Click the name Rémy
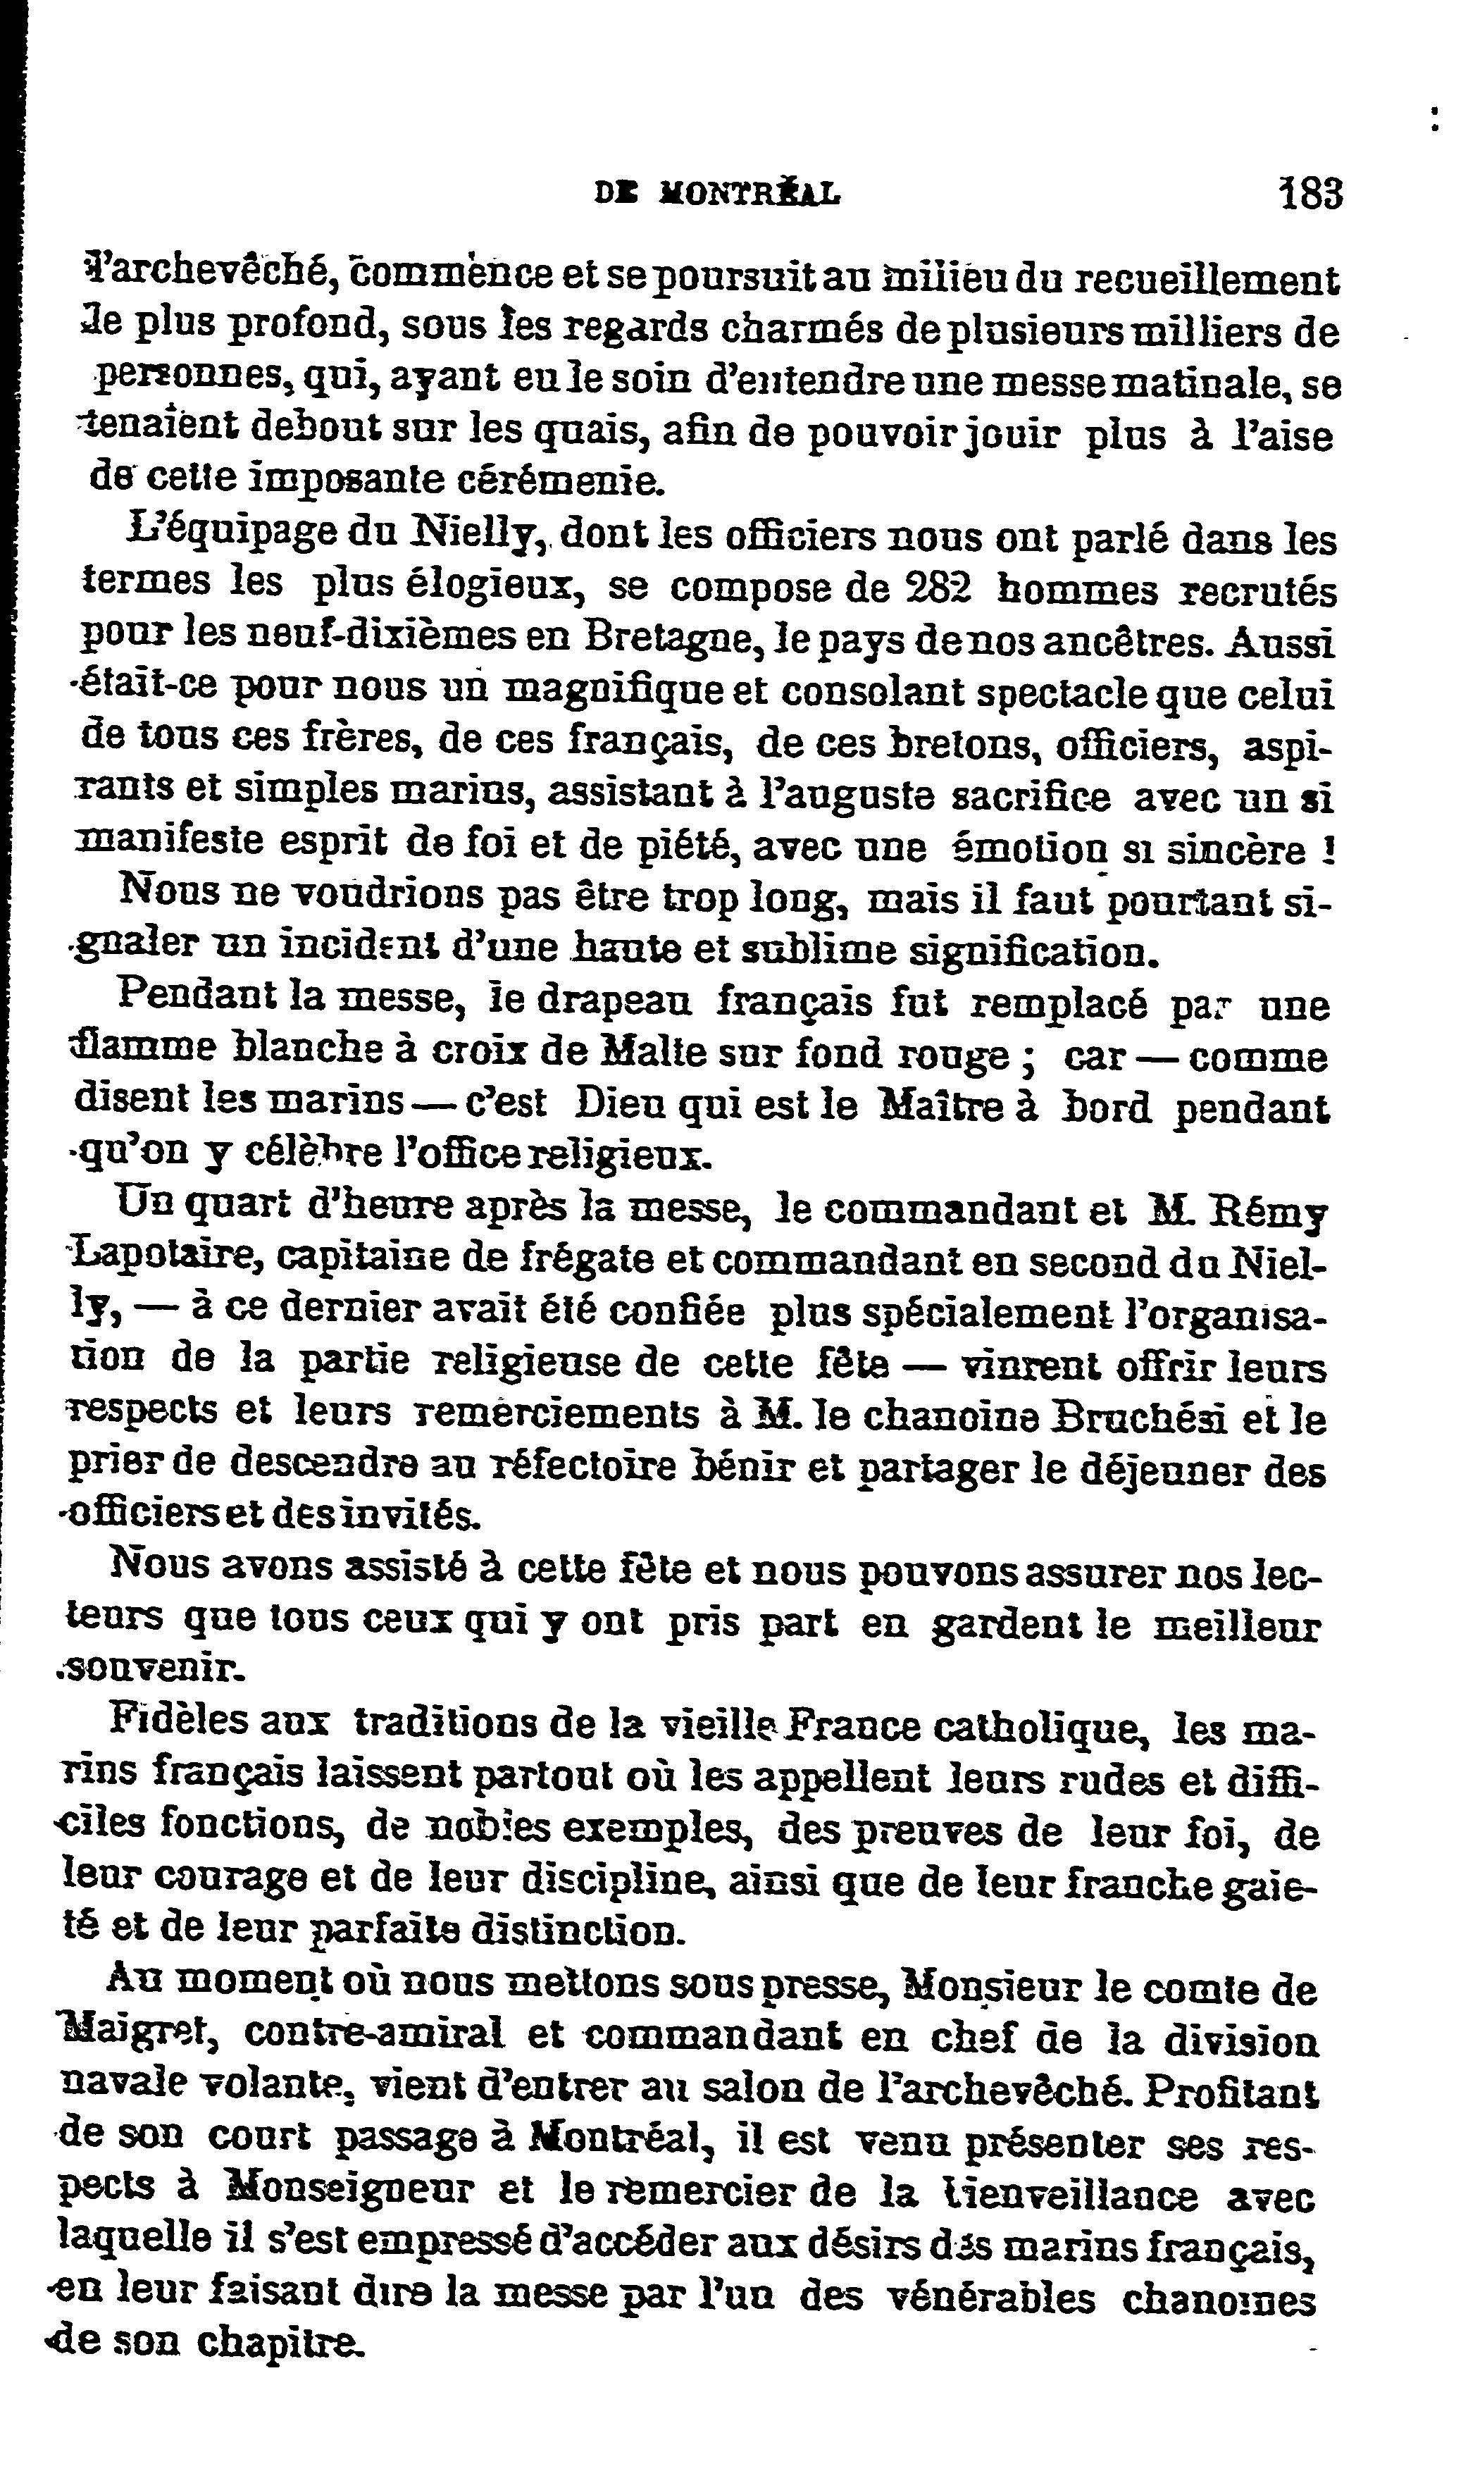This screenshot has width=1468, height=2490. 1271,1211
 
